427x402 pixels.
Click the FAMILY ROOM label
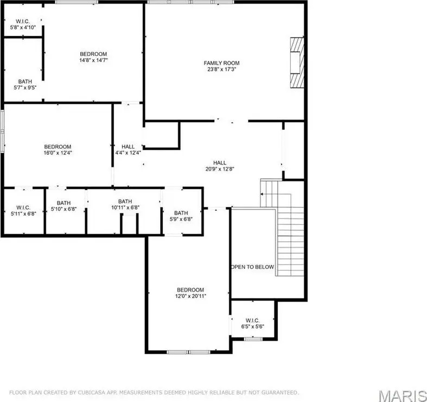221,63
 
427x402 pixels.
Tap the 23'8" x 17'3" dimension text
221,70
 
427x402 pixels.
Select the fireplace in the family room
297,62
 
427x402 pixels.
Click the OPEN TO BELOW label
252,267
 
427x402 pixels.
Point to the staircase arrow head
262,194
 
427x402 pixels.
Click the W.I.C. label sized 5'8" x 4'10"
23,21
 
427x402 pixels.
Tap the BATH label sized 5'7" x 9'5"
25,81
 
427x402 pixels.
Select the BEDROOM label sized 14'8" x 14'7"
93,54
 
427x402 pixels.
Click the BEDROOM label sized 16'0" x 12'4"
58,147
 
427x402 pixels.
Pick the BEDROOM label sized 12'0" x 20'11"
190,290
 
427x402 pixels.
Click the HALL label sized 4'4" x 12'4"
128,147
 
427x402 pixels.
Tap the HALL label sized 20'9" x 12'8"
220,163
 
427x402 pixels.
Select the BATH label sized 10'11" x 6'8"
125,202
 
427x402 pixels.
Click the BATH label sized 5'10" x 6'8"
63,203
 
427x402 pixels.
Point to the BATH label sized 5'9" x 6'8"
181,213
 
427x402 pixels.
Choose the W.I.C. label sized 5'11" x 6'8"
23,208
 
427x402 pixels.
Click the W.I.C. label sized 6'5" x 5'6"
252,321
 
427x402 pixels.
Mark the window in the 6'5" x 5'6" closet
253,339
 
